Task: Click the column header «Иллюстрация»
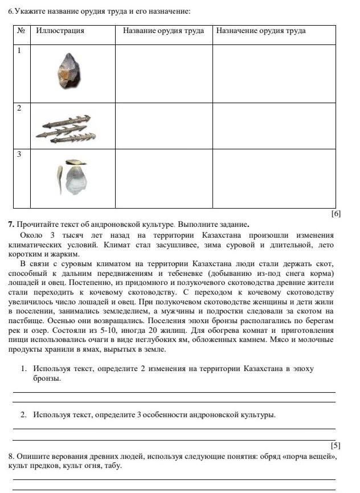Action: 60,31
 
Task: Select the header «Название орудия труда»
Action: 163,31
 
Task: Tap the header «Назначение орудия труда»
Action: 260,31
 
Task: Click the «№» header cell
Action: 22,31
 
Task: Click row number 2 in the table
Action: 19,108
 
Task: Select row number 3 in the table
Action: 19,154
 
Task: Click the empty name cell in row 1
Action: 163,74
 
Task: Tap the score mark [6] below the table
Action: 336,213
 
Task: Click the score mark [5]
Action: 336,445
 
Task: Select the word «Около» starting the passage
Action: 31,235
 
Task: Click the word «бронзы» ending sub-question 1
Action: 47,378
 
